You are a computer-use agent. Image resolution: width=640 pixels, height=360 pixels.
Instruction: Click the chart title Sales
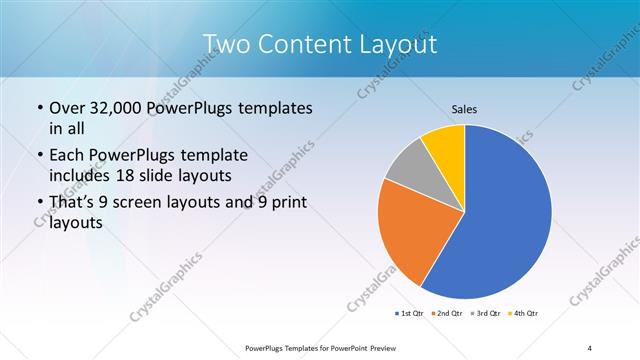(x=465, y=108)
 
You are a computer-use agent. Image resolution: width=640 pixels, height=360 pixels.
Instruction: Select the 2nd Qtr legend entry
(x=445, y=314)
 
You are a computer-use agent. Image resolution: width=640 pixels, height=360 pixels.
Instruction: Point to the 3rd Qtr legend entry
(x=484, y=314)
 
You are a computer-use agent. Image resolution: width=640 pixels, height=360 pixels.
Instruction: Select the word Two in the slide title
(x=227, y=44)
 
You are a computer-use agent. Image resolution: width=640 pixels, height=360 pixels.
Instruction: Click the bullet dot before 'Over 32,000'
(x=39, y=108)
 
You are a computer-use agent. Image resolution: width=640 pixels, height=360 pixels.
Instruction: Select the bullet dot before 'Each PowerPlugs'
(x=39, y=156)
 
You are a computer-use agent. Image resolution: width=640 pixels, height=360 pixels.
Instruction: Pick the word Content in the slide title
(x=307, y=44)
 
